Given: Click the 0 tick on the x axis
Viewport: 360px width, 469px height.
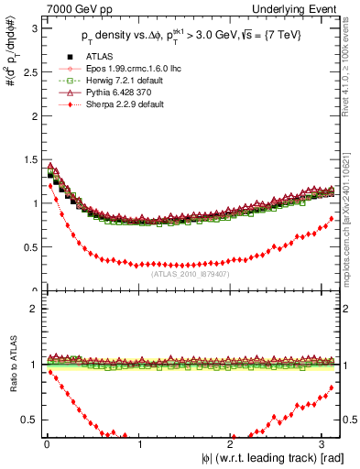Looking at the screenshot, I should click(x=47, y=444).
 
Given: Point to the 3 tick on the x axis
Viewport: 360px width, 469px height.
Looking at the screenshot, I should click(x=326, y=444).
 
